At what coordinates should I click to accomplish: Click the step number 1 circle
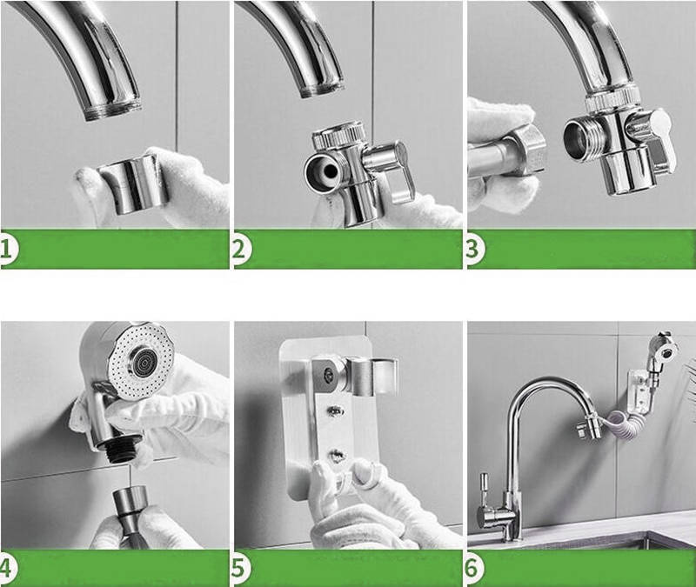[x=8, y=250]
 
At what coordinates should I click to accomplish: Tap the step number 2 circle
[x=240, y=250]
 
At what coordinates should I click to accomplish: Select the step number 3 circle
[x=474, y=250]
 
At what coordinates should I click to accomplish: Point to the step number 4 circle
[x=8, y=569]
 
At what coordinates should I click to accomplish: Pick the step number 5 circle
[x=240, y=569]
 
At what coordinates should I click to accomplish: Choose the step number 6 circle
[x=473, y=569]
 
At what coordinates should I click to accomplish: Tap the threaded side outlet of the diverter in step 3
[x=580, y=137]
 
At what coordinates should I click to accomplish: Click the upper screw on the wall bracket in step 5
[x=336, y=410]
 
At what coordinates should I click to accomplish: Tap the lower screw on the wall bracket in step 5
[x=337, y=454]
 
